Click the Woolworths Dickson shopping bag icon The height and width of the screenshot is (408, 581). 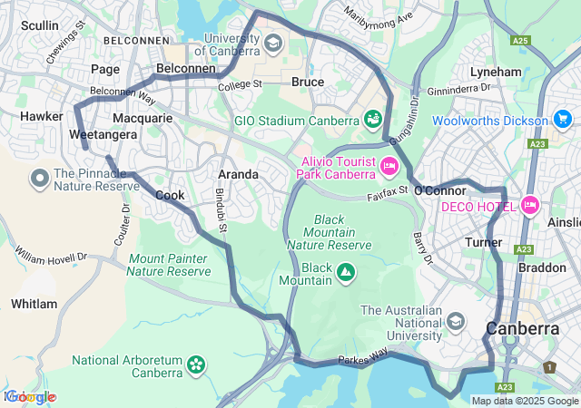563,120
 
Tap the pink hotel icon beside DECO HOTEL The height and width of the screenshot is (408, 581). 530,206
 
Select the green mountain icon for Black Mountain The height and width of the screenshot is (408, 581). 346,270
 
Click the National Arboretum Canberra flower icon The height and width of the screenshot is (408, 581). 195,364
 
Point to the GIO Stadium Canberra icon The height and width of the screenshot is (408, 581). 372,119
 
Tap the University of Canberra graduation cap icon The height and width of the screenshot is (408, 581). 273,43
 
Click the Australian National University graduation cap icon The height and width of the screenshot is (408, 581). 455,322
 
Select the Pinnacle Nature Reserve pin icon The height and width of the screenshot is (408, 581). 40,179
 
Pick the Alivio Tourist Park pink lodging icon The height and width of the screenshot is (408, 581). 389,166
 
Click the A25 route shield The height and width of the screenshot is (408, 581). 520,41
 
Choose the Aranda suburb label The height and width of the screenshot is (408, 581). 238,174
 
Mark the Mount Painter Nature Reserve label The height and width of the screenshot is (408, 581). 169,265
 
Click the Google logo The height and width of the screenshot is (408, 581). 29,397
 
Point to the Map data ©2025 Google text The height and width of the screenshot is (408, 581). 525,401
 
